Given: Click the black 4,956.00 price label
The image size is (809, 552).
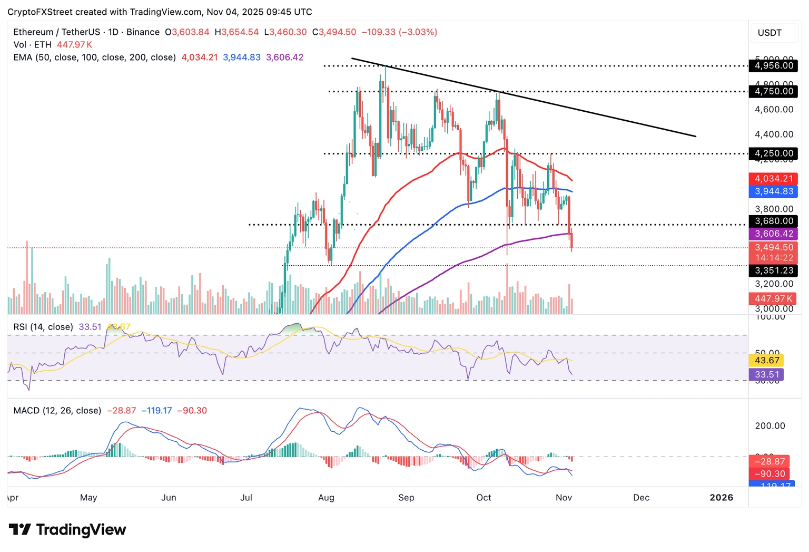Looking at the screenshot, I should pos(773,66).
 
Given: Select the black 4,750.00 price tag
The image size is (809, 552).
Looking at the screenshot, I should pos(773,91).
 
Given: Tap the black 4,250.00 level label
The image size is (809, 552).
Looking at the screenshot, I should pos(773,153).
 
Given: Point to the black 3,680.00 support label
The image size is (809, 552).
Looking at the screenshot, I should pos(773,221).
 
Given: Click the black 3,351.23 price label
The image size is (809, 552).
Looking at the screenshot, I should pos(773,270).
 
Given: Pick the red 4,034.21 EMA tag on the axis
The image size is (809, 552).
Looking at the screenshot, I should pos(773,179).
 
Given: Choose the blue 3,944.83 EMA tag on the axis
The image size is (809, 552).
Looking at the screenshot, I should pos(773,191).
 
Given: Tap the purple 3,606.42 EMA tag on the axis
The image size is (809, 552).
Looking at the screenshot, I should pos(773,234).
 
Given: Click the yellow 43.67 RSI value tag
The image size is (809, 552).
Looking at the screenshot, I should pos(766,361).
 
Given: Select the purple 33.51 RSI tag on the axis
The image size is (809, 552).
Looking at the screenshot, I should pos(766,375).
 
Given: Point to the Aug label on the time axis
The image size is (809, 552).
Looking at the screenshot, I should pos(326,498).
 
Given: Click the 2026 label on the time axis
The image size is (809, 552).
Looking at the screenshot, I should pos(721,498).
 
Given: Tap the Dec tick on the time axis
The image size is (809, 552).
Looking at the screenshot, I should pos(641,498).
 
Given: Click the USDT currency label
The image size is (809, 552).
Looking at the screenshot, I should pos(769,33).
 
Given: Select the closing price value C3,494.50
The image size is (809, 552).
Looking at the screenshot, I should pos(334,32).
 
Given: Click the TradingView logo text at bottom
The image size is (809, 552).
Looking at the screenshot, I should pos(68,530).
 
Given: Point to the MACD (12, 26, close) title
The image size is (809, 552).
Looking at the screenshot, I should pos(57,411).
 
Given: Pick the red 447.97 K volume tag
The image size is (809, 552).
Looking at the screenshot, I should pos(773,299).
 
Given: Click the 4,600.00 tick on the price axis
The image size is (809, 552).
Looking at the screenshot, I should pos(774,110).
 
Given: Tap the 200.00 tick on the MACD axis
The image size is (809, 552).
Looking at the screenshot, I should pos(770,426).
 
